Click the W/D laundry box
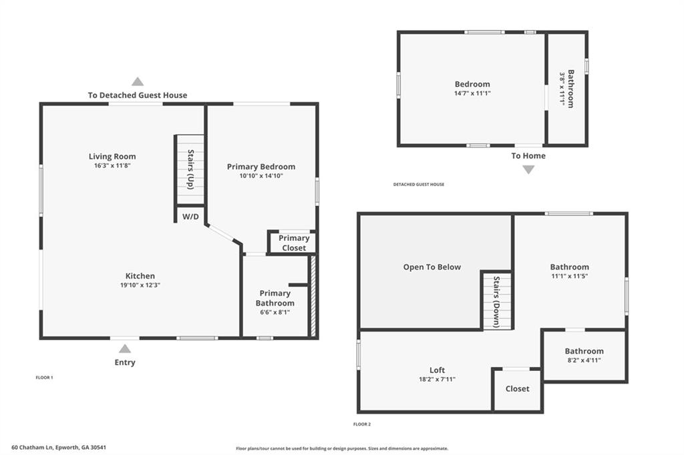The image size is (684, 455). point(190,216)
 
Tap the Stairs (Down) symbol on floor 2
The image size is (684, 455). point(498,302)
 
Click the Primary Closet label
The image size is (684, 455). point(294,243)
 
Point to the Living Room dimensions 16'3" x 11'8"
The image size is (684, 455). point(112,165)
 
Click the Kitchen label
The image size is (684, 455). point(140,276)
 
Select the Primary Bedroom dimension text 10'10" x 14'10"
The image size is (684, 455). point(261,176)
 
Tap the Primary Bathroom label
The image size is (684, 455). point(275,298)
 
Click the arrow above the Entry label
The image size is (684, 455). point(125,348)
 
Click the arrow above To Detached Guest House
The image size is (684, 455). point(138,81)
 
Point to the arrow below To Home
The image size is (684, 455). point(528,169)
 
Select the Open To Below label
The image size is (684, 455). point(432,267)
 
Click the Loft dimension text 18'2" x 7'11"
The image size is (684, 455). point(437,379)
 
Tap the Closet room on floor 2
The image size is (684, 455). point(517,389)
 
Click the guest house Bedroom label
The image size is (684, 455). point(472,84)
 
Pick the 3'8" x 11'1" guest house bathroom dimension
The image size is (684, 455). point(562,89)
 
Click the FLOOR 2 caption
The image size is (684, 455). point(362,424)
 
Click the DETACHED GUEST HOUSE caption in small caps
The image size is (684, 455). point(418,184)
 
